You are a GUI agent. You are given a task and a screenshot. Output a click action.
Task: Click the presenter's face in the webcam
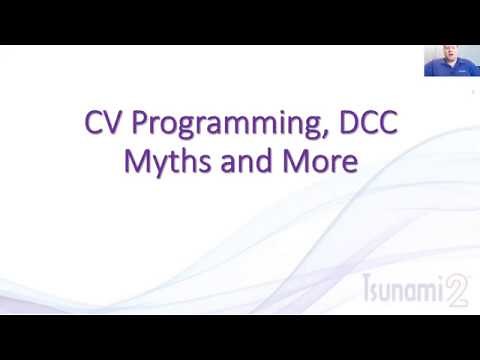click(x=444, y=57)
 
